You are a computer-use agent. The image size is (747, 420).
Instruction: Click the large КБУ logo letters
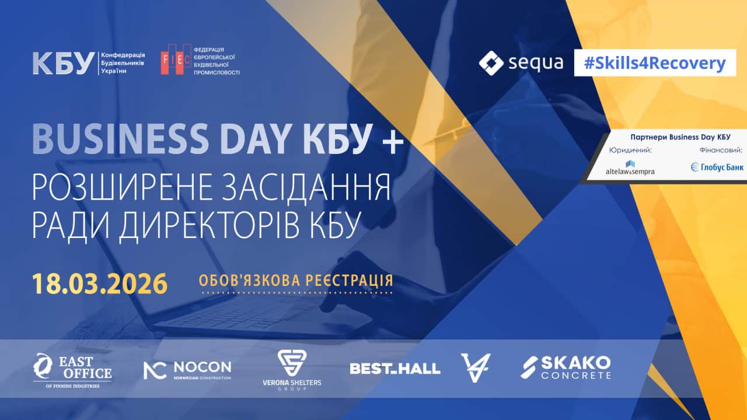point(63,63)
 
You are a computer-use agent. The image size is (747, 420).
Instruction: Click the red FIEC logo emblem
point(176,60)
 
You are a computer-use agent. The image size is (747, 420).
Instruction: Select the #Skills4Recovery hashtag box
point(654,63)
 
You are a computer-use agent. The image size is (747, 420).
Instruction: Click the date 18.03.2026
point(99,283)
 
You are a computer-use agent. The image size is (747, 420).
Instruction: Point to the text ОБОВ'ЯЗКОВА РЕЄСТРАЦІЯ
point(295,281)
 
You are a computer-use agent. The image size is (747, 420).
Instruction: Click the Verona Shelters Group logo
point(291,370)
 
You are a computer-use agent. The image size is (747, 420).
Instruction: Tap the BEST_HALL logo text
point(395,369)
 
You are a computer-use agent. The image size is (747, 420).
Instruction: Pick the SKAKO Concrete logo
point(566,367)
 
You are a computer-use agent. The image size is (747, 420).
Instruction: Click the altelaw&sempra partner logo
point(630,167)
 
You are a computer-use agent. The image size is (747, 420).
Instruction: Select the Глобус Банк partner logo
point(717,167)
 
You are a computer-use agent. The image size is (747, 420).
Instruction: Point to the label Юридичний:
point(630,150)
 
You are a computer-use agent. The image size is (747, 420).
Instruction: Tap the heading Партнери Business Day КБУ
point(680,137)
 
